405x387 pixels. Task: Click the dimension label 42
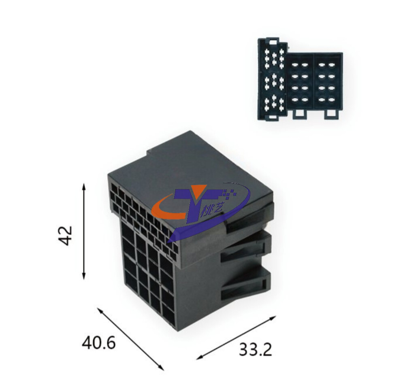(x=65, y=235)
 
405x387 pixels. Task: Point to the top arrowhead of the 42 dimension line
(x=83, y=186)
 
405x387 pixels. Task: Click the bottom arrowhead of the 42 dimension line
(x=83, y=276)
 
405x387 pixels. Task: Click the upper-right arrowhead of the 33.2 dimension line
(x=273, y=317)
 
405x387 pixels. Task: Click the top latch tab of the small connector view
(x=274, y=41)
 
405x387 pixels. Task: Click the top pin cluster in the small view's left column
(x=274, y=59)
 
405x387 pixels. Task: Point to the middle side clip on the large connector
(x=246, y=247)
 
